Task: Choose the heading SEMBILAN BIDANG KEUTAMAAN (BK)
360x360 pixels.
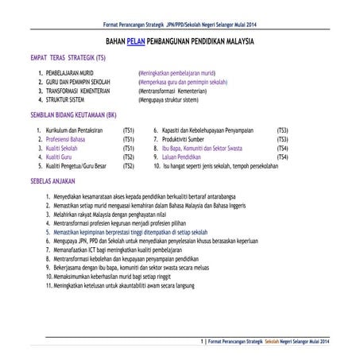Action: pos(72,114)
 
